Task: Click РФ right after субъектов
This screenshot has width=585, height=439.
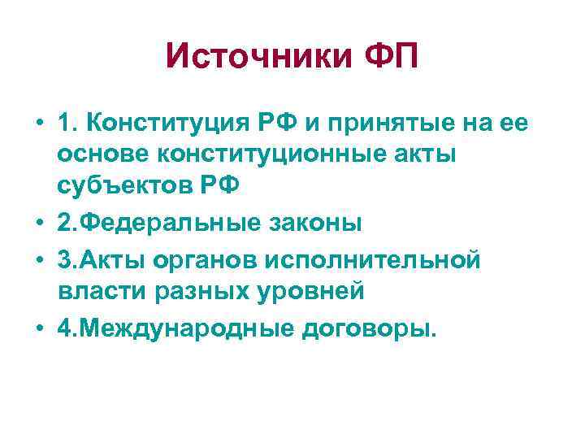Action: coord(219,185)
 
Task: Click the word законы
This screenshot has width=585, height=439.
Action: coord(309,223)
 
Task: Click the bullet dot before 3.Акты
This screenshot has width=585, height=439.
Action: coord(40,260)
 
